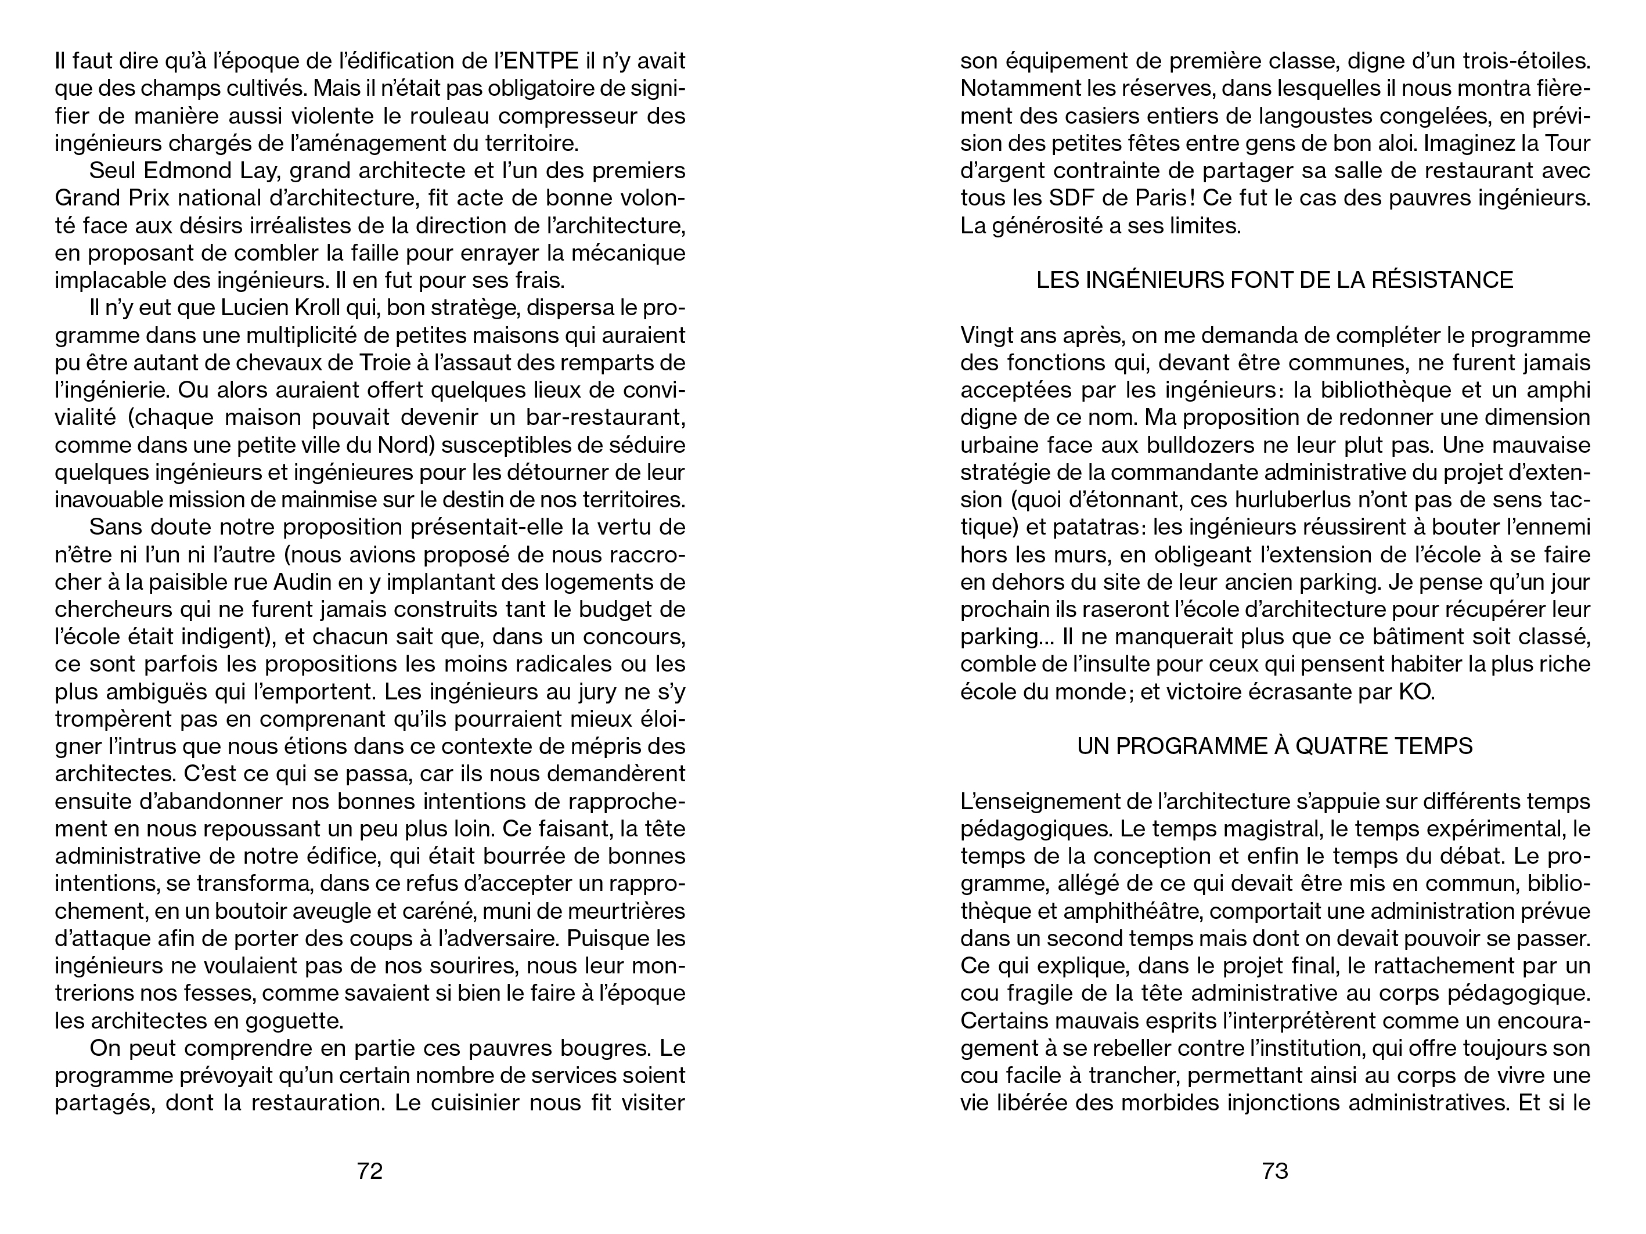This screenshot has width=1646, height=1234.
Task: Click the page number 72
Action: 370,1171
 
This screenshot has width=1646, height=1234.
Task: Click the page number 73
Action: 1274,1171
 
